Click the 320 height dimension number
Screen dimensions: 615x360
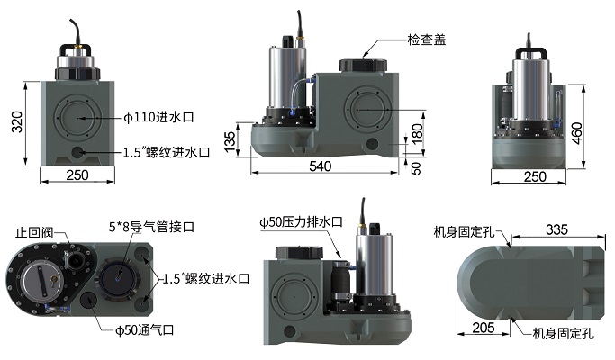point(17,122)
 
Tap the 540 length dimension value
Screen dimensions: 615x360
point(320,166)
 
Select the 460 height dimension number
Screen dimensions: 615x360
point(576,133)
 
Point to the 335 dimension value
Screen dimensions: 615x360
point(556,229)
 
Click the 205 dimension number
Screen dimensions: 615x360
point(484,328)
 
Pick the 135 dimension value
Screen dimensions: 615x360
point(230,142)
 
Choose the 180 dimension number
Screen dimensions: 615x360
point(417,133)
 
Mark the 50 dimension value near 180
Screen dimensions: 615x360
point(416,168)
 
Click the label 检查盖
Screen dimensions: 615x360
point(427,40)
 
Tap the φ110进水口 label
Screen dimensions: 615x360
point(158,117)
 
